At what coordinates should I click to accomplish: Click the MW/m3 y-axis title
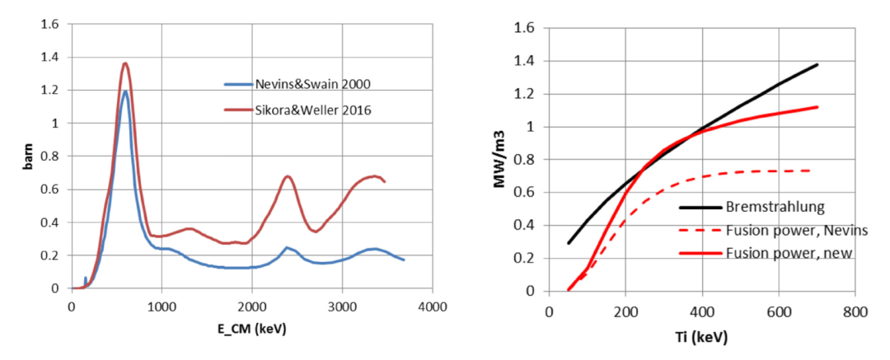(x=499, y=159)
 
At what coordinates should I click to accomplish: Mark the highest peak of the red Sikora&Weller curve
(x=125, y=63)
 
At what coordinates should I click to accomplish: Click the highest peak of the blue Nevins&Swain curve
(x=125, y=91)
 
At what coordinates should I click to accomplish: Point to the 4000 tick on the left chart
(x=432, y=306)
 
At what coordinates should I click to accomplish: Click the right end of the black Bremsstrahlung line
(x=817, y=64)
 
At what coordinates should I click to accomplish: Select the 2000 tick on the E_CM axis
(x=251, y=306)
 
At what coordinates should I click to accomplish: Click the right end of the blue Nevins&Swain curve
(x=404, y=260)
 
